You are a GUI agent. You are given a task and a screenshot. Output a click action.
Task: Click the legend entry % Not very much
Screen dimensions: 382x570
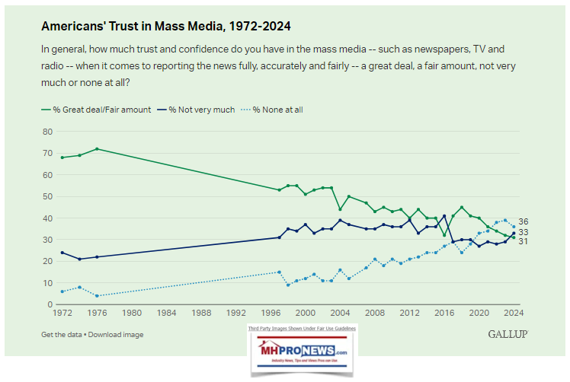click(x=199, y=110)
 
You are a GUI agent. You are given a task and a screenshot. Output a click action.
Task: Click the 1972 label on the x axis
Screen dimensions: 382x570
click(x=62, y=313)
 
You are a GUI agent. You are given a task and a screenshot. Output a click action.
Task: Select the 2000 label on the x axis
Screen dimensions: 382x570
click(x=306, y=313)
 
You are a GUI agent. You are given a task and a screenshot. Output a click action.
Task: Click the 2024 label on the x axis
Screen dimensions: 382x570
click(x=514, y=313)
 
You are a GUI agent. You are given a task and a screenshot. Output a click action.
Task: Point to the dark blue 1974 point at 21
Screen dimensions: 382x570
click(x=80, y=259)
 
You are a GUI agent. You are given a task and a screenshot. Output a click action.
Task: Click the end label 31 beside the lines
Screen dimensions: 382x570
click(x=524, y=241)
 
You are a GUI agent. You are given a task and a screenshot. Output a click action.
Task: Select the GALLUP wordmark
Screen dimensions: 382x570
click(x=508, y=334)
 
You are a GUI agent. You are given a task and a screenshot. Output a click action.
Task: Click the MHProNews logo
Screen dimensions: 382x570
click(x=303, y=352)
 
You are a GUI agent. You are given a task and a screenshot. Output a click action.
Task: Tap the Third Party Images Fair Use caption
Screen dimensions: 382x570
click(x=303, y=328)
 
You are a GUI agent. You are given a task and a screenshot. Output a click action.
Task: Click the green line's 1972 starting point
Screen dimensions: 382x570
click(x=62, y=158)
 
